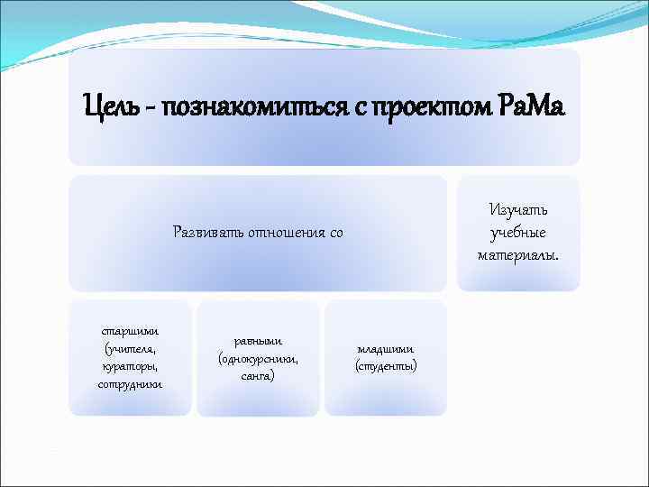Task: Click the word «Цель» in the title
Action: [111, 107]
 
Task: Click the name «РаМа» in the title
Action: [531, 107]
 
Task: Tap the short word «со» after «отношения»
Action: [335, 233]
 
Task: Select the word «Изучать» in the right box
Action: [518, 210]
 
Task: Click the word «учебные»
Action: [518, 233]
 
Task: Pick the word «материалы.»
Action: [518, 255]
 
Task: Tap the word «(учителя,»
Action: [131, 348]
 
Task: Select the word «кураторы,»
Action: [131, 366]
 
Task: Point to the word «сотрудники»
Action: [131, 384]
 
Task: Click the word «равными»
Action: [259, 340]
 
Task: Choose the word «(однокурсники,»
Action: [259, 358]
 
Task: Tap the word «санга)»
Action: [259, 376]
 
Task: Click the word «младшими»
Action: [386, 349]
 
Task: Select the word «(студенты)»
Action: [386, 367]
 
